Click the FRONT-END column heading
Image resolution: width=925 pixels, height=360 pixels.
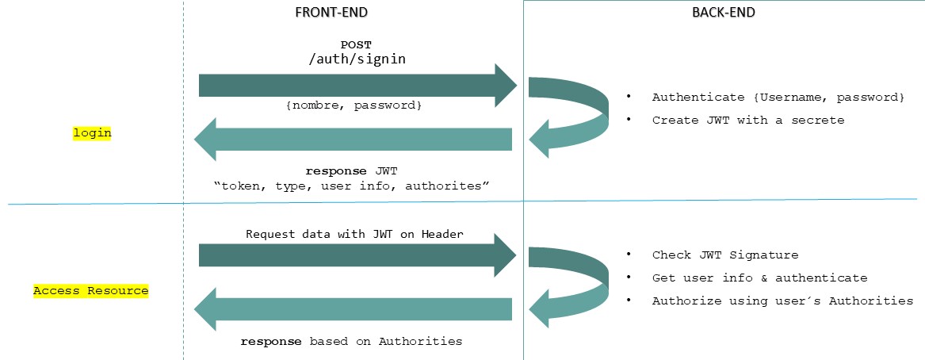(331, 12)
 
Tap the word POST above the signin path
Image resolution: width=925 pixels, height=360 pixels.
(355, 44)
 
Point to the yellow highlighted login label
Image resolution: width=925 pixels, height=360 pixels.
(92, 133)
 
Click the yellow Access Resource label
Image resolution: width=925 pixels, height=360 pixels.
(90, 290)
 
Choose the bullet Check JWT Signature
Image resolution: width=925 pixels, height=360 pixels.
(724, 255)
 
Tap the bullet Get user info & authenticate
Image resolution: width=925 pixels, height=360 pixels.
(759, 278)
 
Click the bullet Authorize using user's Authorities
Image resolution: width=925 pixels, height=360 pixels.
(782, 301)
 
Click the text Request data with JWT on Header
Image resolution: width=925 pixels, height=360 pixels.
(354, 234)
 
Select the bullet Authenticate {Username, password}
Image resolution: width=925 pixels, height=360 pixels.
(778, 97)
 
